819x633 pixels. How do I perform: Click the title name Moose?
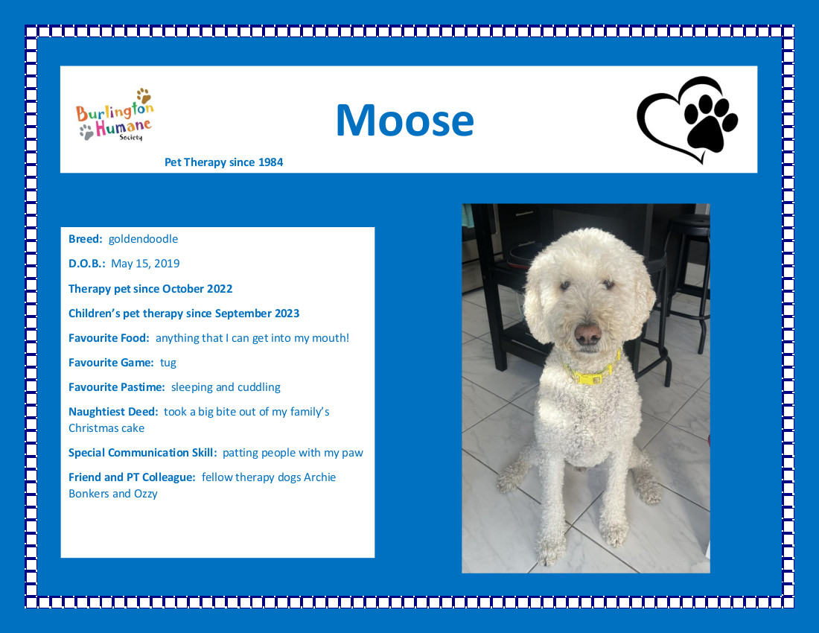[405, 120]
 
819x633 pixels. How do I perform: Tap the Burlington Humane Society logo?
[115, 115]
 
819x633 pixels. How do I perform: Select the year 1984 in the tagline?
[270, 162]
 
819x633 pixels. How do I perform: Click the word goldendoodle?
[143, 239]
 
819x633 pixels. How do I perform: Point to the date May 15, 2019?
[145, 263]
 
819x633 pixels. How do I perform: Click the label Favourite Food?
[109, 338]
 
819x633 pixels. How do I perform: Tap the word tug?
[168, 363]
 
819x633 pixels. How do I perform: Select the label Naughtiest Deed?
[113, 412]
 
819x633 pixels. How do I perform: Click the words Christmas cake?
[106, 427]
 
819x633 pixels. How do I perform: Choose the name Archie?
[319, 477]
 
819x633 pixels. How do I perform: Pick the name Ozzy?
[145, 494]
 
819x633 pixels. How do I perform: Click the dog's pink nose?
[588, 333]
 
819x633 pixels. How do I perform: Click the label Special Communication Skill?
[142, 452]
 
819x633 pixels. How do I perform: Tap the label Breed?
[85, 239]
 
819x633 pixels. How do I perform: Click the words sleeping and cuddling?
[226, 387]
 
